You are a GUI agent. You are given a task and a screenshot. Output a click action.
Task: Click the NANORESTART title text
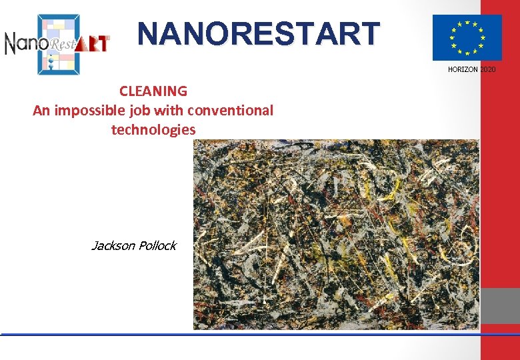pyautogui.click(x=259, y=35)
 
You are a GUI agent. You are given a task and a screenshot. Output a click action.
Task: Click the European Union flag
pyautogui.click(x=467, y=37)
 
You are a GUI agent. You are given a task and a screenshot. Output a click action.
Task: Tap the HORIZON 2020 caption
pyautogui.click(x=471, y=69)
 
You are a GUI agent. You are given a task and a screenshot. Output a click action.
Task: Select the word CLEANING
pyautogui.click(x=153, y=91)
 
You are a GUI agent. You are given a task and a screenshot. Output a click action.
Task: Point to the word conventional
pyautogui.click(x=231, y=110)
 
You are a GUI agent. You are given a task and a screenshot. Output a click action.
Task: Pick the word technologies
pyautogui.click(x=153, y=129)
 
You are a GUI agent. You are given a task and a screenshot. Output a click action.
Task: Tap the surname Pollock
pyautogui.click(x=157, y=246)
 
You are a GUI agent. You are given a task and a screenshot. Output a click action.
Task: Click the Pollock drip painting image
pyautogui.click(x=336, y=235)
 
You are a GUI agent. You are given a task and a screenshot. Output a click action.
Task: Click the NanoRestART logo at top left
pyautogui.click(x=57, y=43)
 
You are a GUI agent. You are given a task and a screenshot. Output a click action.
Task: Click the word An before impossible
pyautogui.click(x=41, y=110)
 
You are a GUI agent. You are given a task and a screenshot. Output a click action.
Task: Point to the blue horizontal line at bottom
pyautogui.click(x=240, y=333)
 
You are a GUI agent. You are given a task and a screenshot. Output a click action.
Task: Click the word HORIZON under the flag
pyautogui.click(x=462, y=69)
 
